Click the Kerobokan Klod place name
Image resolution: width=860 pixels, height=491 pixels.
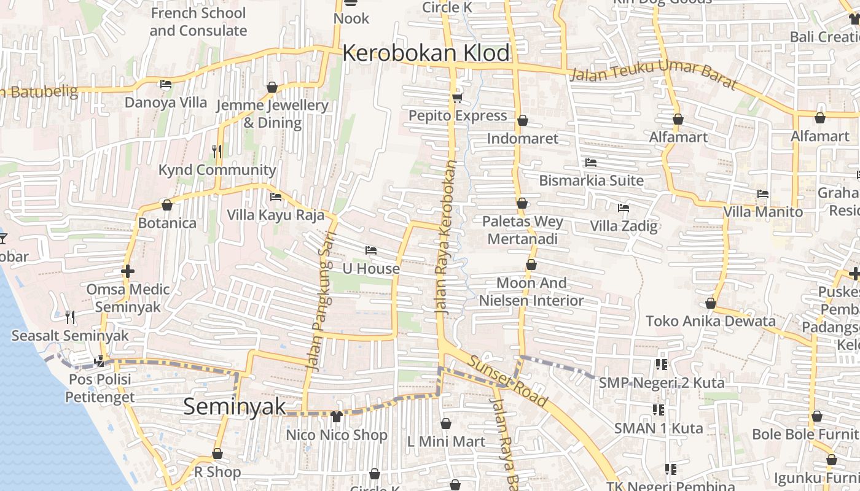426,53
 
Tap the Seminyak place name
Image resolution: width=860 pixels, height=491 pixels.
235,406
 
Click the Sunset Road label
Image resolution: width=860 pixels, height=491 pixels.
507,381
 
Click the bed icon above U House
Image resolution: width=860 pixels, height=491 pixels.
370,250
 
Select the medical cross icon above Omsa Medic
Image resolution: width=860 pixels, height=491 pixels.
128,271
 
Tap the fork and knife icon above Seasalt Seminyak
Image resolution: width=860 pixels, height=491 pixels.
70,317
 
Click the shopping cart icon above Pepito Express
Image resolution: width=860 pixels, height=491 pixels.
457,98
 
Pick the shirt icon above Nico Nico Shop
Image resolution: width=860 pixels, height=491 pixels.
336,417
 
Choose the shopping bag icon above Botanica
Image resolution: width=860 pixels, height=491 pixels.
166,205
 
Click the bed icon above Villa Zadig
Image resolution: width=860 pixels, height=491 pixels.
623,207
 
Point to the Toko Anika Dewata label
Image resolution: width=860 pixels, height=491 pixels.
710,321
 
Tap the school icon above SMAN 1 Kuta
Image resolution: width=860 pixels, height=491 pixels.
658,409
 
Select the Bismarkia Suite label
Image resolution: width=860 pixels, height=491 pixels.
591,180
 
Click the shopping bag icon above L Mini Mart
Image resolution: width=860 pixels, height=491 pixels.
446,423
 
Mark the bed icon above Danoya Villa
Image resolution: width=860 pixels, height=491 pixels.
165,84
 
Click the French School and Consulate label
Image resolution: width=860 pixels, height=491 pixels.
198,21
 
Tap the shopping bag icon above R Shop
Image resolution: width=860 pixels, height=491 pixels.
217,454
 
